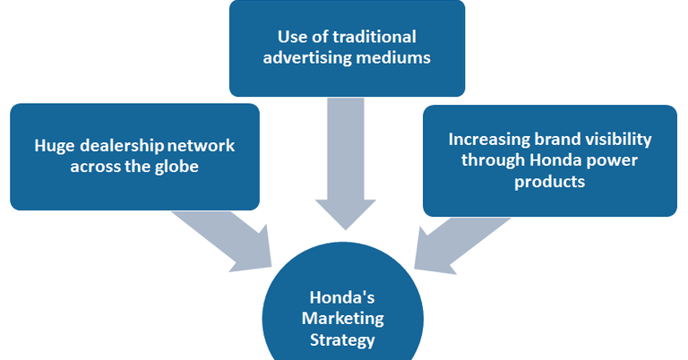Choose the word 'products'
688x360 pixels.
(550, 182)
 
